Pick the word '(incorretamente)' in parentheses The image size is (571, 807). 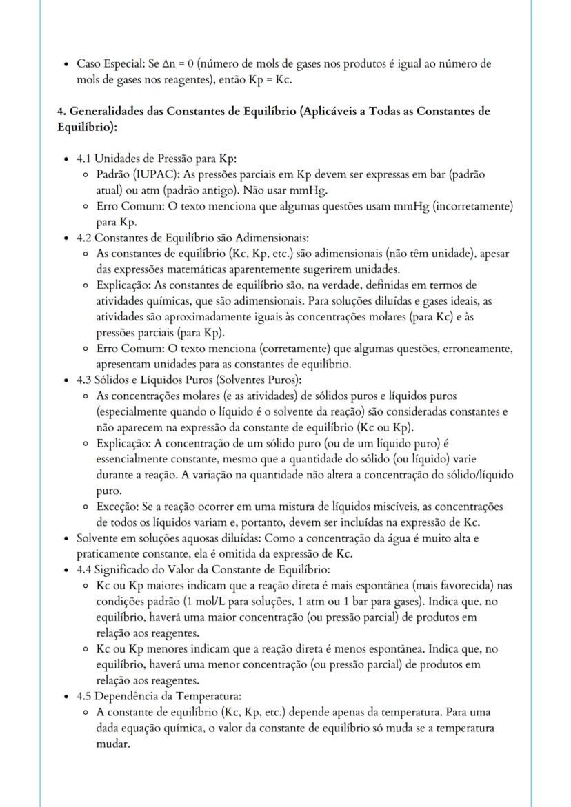coord(477,205)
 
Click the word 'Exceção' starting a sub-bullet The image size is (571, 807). coord(115,507)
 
